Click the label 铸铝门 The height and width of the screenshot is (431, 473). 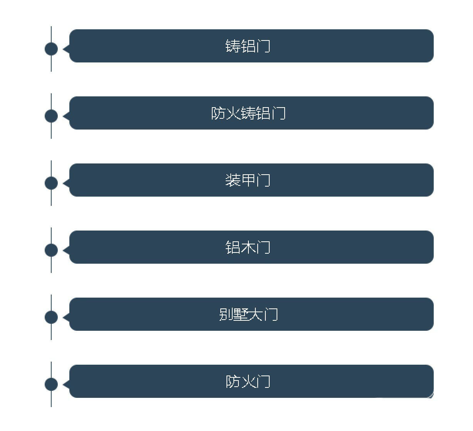[x=248, y=46]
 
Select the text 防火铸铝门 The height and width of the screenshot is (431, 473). [x=248, y=113]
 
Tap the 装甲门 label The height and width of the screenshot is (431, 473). [x=248, y=180]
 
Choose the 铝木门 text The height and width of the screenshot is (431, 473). [x=248, y=247]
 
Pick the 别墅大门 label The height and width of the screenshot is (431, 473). [x=248, y=314]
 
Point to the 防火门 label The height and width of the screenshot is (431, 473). [x=248, y=381]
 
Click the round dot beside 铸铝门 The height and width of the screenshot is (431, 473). [x=51, y=49]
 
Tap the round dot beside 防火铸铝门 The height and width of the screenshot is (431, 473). [x=51, y=116]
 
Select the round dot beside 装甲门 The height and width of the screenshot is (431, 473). [x=51, y=183]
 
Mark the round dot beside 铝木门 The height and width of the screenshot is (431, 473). [x=51, y=250]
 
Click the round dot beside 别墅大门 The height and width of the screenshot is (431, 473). [x=51, y=317]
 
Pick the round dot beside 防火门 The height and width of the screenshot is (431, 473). [x=51, y=384]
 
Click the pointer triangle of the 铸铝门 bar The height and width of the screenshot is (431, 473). [x=66, y=49]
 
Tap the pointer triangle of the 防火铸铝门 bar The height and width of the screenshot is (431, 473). [x=66, y=116]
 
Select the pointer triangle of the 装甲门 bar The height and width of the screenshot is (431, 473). [x=66, y=183]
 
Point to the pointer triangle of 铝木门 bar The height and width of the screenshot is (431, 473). [x=66, y=250]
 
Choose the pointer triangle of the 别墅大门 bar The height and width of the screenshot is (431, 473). [x=66, y=317]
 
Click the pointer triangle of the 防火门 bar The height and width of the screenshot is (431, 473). [x=66, y=384]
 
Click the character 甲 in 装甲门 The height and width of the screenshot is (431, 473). [x=248, y=180]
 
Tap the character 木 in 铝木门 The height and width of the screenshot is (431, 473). [x=248, y=247]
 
